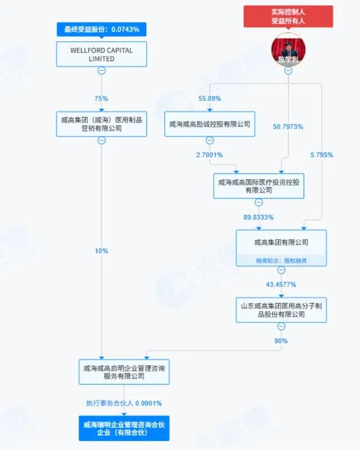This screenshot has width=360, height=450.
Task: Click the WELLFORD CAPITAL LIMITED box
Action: pos(101,54)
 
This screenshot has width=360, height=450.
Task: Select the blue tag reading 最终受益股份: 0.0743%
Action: pos(101,28)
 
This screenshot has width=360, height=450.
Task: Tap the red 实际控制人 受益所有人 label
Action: pos(287,16)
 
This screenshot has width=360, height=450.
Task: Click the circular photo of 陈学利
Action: pos(287,49)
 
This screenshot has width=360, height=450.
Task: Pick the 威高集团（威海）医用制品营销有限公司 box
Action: pos(101,124)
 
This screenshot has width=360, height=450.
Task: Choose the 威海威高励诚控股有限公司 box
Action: pos(209,124)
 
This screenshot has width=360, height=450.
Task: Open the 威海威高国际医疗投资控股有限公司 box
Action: pos(259,186)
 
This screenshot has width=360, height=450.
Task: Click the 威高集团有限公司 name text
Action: pos(281,242)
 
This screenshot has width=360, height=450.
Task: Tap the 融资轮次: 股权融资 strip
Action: pos(281,260)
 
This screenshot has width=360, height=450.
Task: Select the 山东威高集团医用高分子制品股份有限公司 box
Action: pos(281,310)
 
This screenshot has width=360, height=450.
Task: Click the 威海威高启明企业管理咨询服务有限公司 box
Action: pos(124,372)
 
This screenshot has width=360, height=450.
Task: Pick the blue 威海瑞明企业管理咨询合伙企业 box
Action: pos(124,427)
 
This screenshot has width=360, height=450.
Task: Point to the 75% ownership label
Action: pos(101,98)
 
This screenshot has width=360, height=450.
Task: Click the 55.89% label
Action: pos(209,98)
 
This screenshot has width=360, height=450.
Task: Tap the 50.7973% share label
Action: pos(287,127)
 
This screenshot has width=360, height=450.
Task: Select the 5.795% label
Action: pos(322,154)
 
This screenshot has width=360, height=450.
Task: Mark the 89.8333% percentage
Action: pos(259,216)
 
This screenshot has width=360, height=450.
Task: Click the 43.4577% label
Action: pos(281,284)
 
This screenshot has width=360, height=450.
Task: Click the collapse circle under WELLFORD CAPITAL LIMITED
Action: pos(101,70)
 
